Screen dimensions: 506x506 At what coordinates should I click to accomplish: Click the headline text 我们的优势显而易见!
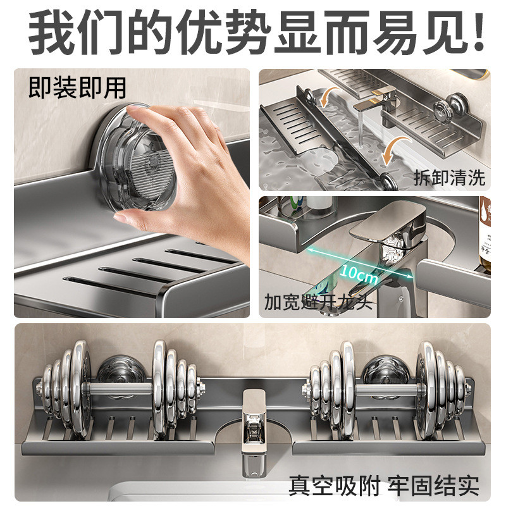pos(257,33)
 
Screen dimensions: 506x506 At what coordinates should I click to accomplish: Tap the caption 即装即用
pos(77,88)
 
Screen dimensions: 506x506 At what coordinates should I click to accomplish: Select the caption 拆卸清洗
pos(450,178)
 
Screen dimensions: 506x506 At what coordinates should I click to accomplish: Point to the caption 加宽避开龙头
pos(318,302)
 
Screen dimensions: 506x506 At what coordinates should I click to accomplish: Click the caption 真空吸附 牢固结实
pos(384,485)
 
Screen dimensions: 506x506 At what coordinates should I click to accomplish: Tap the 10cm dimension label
pos(359,275)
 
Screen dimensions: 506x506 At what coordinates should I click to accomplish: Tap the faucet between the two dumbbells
pos(254,433)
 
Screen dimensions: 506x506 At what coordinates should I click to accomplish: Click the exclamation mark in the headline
pos(479,32)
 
